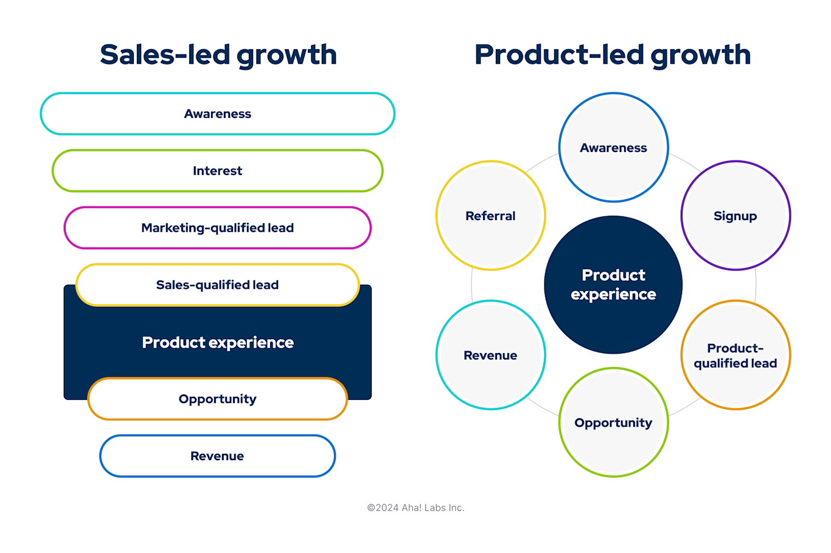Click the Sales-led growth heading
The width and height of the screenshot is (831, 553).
pyautogui.click(x=218, y=55)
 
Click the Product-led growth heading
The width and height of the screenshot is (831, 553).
pyautogui.click(x=613, y=55)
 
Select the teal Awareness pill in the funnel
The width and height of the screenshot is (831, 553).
pyautogui.click(x=218, y=114)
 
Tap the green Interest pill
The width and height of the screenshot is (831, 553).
pyautogui.click(x=218, y=171)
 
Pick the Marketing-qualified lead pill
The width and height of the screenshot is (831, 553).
pyautogui.click(x=218, y=228)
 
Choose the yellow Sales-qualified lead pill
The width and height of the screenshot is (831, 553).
pyautogui.click(x=218, y=285)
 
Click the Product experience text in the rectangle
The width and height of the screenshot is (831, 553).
pyautogui.click(x=218, y=343)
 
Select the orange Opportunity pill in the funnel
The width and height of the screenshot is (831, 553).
pyautogui.click(x=218, y=399)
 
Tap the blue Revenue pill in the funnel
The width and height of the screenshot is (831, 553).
pyautogui.click(x=218, y=456)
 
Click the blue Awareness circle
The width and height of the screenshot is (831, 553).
pyautogui.click(x=613, y=148)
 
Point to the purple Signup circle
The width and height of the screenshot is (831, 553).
pyautogui.click(x=735, y=216)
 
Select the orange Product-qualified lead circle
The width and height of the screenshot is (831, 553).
pyautogui.click(x=735, y=355)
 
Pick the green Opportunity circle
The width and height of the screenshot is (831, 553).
pyautogui.click(x=613, y=422)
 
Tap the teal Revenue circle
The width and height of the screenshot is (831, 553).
pyautogui.click(x=490, y=355)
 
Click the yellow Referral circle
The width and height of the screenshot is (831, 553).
pyautogui.click(x=490, y=216)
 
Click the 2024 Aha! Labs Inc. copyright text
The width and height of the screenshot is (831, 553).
pyautogui.click(x=415, y=507)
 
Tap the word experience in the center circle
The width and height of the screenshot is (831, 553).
pyautogui.click(x=613, y=295)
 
